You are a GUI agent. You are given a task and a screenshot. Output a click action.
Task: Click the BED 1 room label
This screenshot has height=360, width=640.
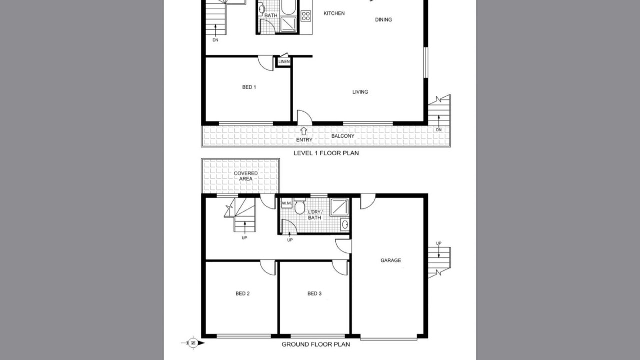tap(249, 87)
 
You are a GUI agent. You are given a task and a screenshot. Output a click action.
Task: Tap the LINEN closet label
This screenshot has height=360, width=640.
tap(284, 62)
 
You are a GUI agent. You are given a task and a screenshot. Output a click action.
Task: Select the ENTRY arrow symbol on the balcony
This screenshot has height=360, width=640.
tap(303, 131)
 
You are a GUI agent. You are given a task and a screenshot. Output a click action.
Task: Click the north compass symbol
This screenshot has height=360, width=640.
tap(193, 343)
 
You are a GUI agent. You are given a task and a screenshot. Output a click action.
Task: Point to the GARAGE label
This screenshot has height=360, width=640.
tap(391, 260)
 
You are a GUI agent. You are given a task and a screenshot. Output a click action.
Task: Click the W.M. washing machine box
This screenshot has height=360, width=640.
tap(286, 203)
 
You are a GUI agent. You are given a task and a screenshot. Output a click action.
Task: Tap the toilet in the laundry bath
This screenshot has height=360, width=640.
tap(299, 206)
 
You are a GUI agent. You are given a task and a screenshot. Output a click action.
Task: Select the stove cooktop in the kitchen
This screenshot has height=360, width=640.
tap(305, 15)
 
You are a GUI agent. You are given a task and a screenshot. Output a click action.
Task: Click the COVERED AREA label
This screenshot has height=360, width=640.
tap(245, 176)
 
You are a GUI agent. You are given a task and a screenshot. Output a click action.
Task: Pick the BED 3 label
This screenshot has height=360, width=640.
tap(314, 293)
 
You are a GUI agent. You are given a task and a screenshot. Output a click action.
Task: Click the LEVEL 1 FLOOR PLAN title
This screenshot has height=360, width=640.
tap(326, 153)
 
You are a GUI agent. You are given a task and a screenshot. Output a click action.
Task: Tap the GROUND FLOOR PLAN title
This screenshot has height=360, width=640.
tap(316, 344)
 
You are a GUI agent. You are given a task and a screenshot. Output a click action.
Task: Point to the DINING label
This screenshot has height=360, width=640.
tap(383, 20)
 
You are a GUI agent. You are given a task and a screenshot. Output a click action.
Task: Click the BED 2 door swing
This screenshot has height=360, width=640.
tap(268, 267)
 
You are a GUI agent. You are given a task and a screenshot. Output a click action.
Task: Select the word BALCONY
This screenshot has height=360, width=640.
tap(343, 136)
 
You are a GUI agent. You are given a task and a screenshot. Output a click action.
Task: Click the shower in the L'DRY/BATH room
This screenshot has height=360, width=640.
tap(339, 207)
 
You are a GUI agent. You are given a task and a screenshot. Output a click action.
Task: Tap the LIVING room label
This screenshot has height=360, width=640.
tap(360, 92)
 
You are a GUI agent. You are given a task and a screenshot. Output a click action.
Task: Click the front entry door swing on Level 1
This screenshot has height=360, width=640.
tap(305, 117)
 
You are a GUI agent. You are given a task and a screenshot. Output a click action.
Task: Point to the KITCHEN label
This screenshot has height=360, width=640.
tap(334, 13)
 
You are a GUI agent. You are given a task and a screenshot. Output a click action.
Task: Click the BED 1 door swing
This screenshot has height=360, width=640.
tap(266, 63)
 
